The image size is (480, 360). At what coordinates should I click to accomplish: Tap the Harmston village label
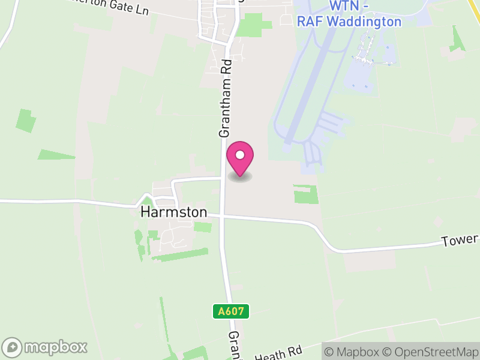point(173,212)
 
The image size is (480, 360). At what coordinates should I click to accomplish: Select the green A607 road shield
point(231,311)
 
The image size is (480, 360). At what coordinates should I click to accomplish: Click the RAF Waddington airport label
point(349,22)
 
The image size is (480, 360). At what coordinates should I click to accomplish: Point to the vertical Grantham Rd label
point(225,99)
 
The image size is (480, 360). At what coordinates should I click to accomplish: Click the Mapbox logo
point(45,347)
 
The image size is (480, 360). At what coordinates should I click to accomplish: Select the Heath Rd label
point(278,352)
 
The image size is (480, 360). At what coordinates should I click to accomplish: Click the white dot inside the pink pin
point(240,155)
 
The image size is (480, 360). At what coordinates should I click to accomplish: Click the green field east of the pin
point(305,194)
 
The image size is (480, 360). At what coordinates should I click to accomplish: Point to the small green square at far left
point(25,121)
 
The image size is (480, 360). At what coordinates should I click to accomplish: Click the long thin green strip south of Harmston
point(179,255)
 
